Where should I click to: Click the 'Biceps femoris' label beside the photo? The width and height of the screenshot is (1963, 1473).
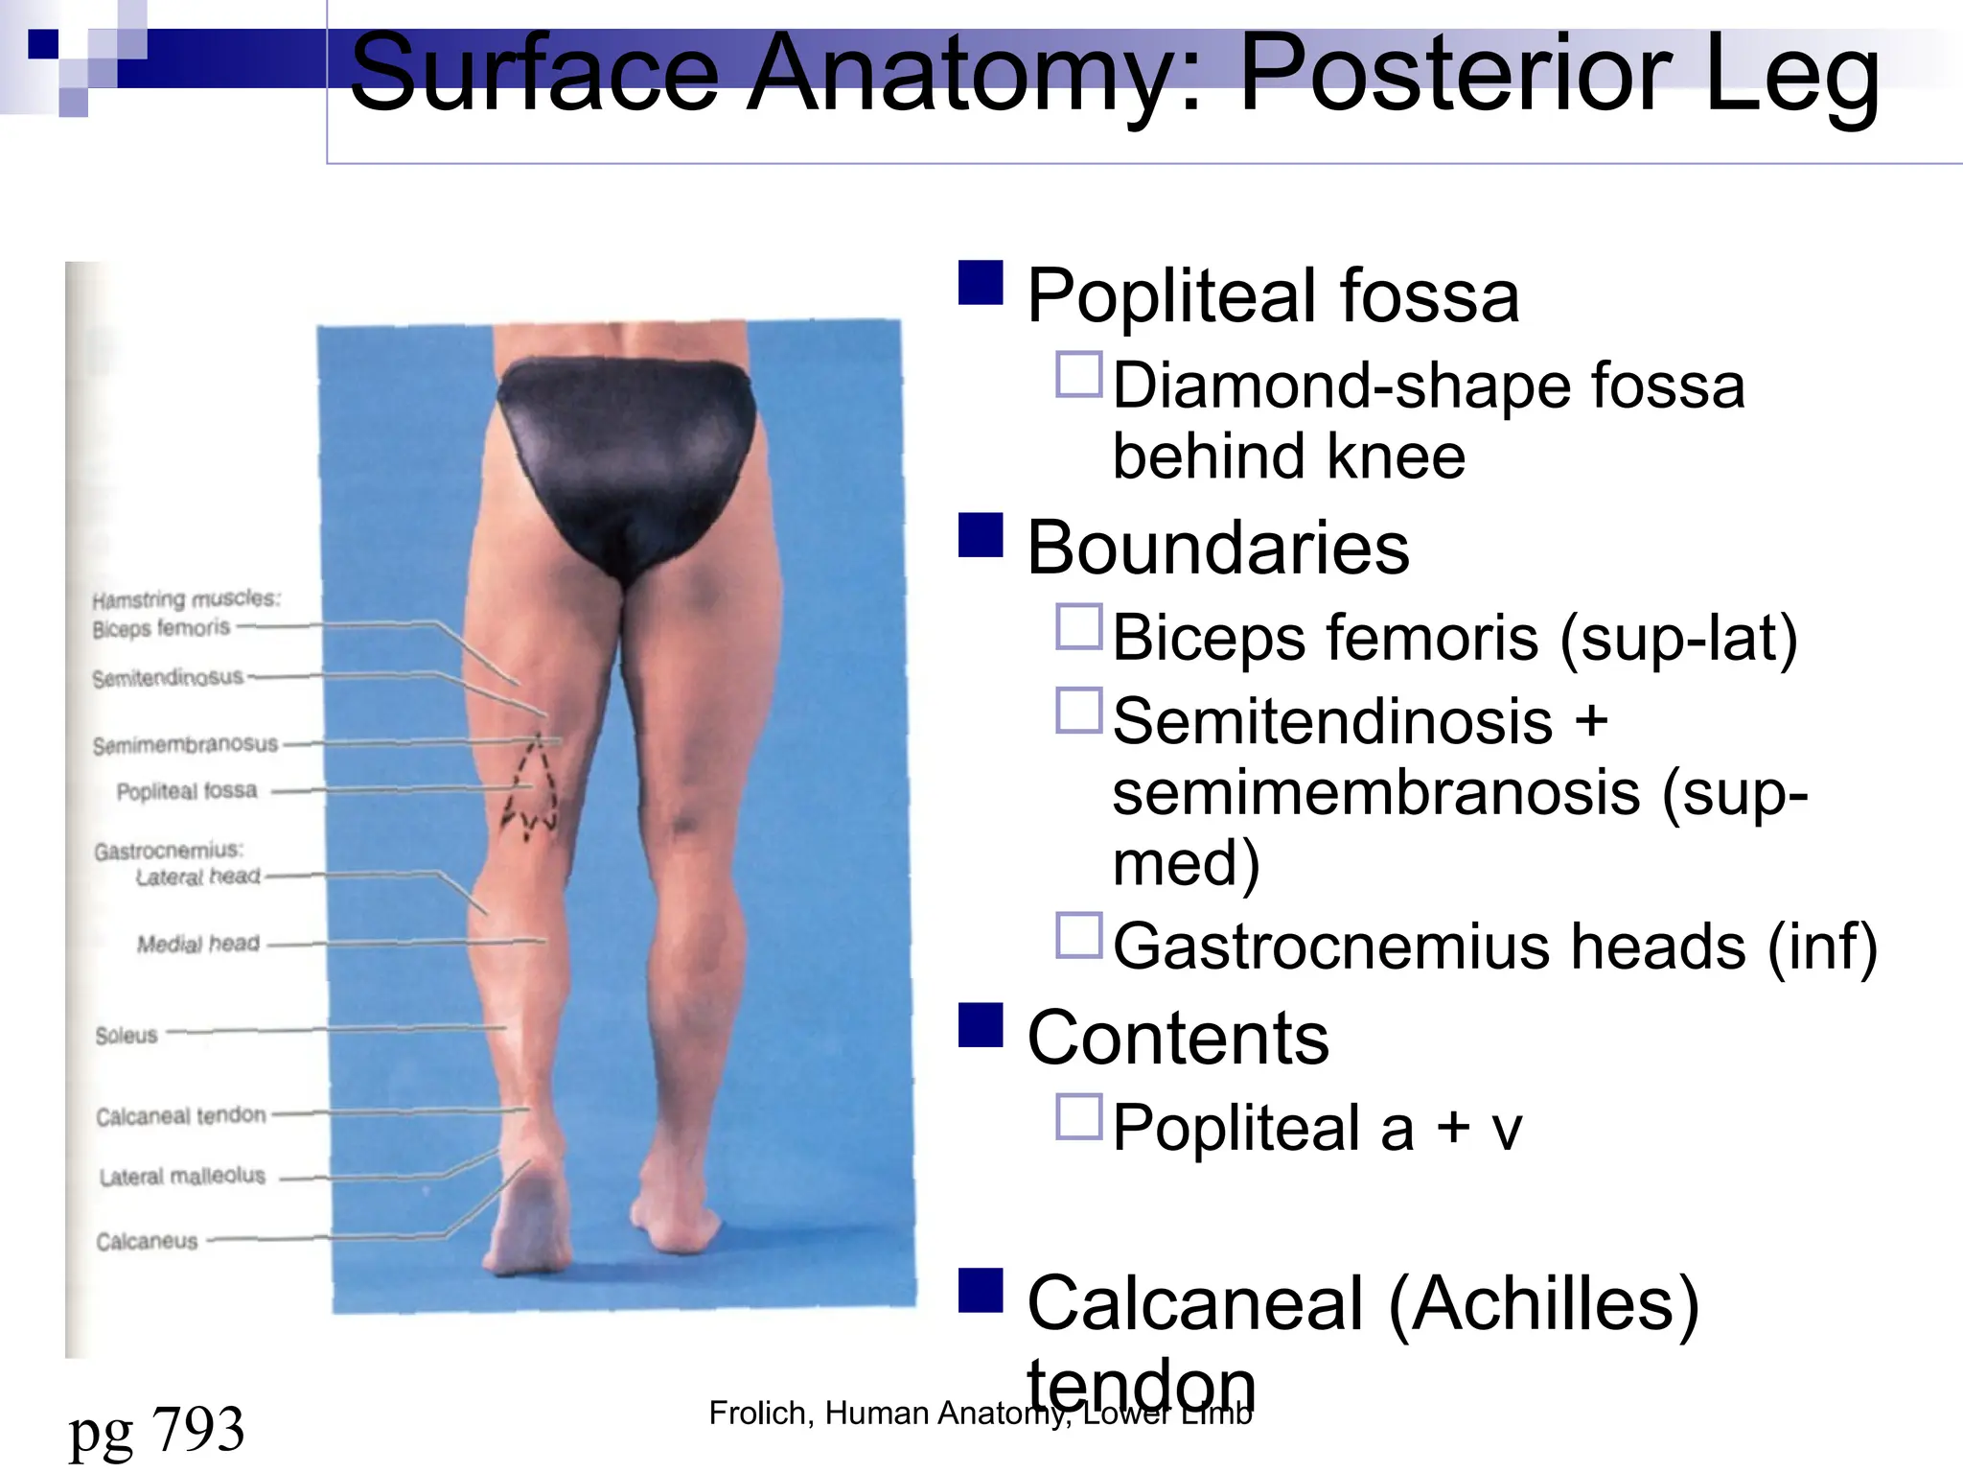point(161,628)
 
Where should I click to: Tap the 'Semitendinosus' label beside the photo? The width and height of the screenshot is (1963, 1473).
point(168,678)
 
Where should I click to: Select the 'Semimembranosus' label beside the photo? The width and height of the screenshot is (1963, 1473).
point(185,744)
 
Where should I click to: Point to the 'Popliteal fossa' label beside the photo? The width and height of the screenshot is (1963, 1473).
point(187,791)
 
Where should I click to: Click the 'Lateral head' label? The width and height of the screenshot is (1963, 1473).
point(197,877)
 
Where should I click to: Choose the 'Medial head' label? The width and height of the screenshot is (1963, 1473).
point(197,944)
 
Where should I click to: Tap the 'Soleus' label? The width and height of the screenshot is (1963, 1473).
point(127,1035)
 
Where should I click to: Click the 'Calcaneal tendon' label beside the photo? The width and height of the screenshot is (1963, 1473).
point(180,1115)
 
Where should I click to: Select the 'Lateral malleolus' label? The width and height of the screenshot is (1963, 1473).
point(182,1176)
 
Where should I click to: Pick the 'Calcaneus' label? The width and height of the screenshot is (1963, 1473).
point(147,1241)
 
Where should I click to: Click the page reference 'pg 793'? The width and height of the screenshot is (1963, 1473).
point(156,1429)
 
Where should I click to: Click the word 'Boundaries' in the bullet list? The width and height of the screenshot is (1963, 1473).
point(1217,548)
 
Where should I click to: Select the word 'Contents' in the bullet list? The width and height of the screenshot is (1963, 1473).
point(1178,1038)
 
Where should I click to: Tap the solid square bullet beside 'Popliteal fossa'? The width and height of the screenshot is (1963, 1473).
point(981,283)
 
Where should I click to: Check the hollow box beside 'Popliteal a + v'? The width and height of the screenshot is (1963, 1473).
point(1079,1116)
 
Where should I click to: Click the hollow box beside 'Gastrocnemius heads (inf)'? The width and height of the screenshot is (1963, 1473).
point(1079,935)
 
